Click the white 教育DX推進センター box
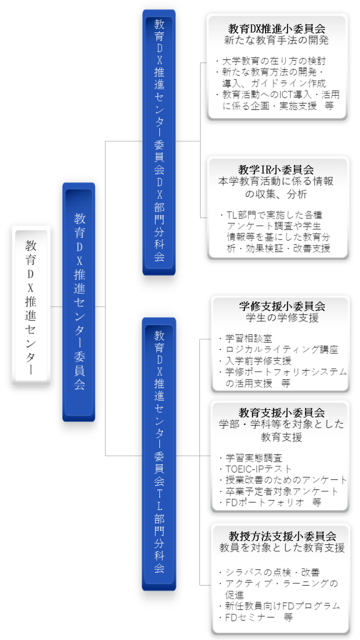31,305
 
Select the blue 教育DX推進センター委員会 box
79,302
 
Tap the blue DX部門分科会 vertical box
159,142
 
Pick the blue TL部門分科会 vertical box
159,454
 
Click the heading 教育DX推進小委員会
277,29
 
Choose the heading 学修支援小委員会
282,306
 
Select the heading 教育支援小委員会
282,412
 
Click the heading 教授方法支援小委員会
282,536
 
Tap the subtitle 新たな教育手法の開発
277,41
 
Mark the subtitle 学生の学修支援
282,317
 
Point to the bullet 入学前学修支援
255,361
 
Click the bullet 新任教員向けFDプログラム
279,606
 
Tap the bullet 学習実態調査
251,458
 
